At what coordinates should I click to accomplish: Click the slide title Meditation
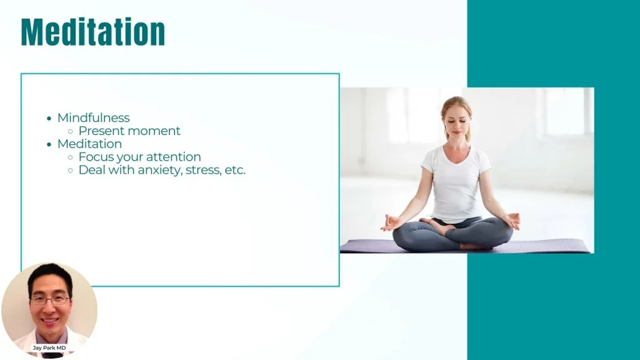93,32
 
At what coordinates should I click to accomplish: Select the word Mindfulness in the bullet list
94,117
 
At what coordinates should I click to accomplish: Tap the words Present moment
129,131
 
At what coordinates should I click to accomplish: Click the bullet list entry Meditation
89,144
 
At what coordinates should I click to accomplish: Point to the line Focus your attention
139,157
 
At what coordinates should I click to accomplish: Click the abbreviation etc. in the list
235,170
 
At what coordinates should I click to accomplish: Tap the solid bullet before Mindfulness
49,118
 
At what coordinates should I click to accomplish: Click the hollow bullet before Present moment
70,131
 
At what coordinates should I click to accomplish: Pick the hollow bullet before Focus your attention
70,157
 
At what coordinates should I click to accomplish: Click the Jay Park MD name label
49,347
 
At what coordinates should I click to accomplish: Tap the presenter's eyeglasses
50,301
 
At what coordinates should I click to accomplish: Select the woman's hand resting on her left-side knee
391,223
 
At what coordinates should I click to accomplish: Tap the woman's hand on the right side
512,221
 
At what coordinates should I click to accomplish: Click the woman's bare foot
435,224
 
